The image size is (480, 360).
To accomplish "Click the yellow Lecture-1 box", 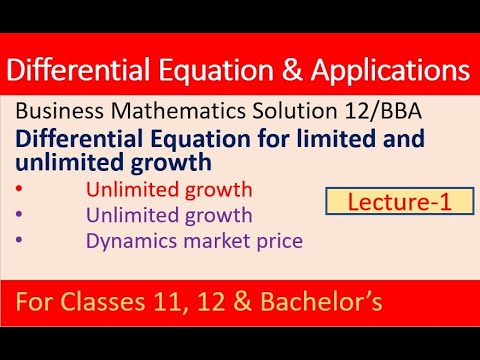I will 387,202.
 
